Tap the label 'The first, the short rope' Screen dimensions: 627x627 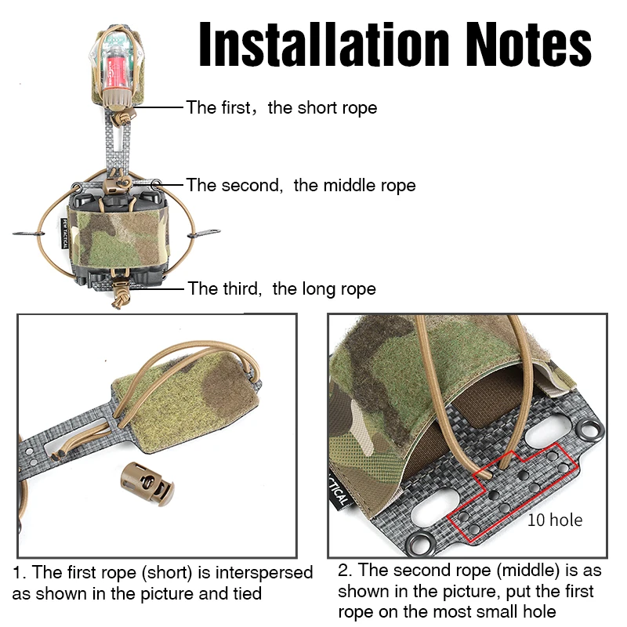tap(281, 108)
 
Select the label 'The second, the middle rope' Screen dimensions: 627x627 tap(301, 186)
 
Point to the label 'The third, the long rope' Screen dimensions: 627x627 tap(282, 288)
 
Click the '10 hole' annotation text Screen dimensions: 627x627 tap(555, 520)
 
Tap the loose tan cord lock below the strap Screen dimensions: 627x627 tap(147, 484)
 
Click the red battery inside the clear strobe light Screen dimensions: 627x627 tap(112, 68)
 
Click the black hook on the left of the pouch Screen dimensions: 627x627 tap(28, 233)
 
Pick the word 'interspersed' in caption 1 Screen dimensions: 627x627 tap(264, 573)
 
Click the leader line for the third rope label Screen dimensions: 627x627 tap(158, 288)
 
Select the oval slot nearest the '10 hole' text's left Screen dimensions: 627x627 tap(435, 506)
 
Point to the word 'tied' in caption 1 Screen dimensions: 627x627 tap(247, 593)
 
